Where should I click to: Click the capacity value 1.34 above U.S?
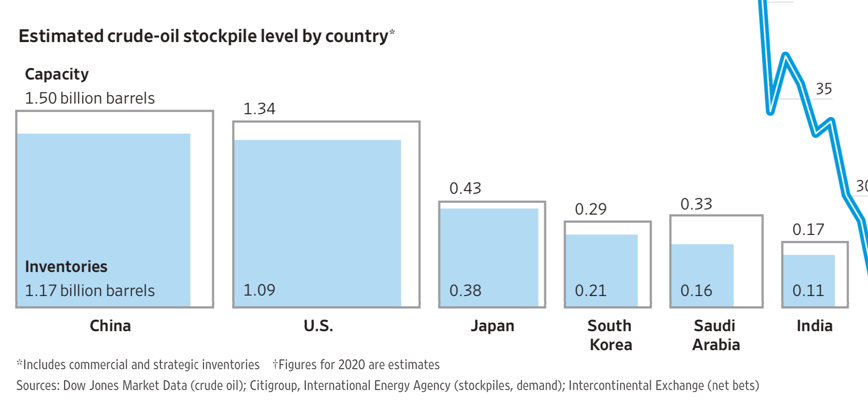click(x=259, y=109)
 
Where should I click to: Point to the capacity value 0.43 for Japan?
click(x=465, y=188)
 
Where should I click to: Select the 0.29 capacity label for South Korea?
click(x=591, y=209)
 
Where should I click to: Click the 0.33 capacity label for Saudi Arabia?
click(x=696, y=204)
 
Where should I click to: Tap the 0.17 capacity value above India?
click(x=808, y=229)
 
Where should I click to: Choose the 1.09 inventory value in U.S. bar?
click(x=259, y=290)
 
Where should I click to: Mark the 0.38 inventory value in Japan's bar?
click(x=465, y=291)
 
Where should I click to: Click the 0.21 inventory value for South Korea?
click(x=591, y=291)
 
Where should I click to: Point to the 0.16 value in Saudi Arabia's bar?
click(x=696, y=291)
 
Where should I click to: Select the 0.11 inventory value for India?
click(x=808, y=291)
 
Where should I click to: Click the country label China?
click(x=110, y=326)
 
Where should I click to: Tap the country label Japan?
click(x=492, y=326)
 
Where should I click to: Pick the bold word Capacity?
click(x=56, y=74)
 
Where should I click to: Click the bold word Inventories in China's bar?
click(x=66, y=266)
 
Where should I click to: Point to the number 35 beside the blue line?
click(x=824, y=88)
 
